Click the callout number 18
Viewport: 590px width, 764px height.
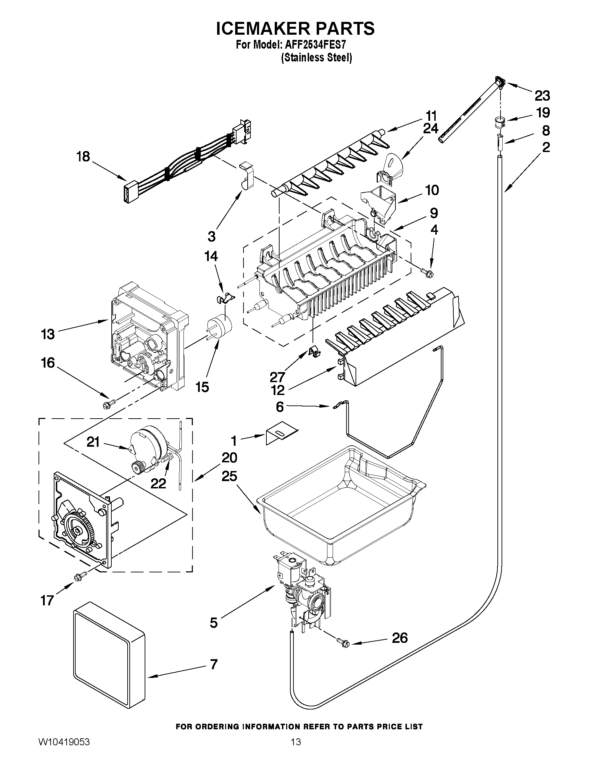[x=83, y=156]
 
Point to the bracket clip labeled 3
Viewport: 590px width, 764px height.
[x=246, y=176]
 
